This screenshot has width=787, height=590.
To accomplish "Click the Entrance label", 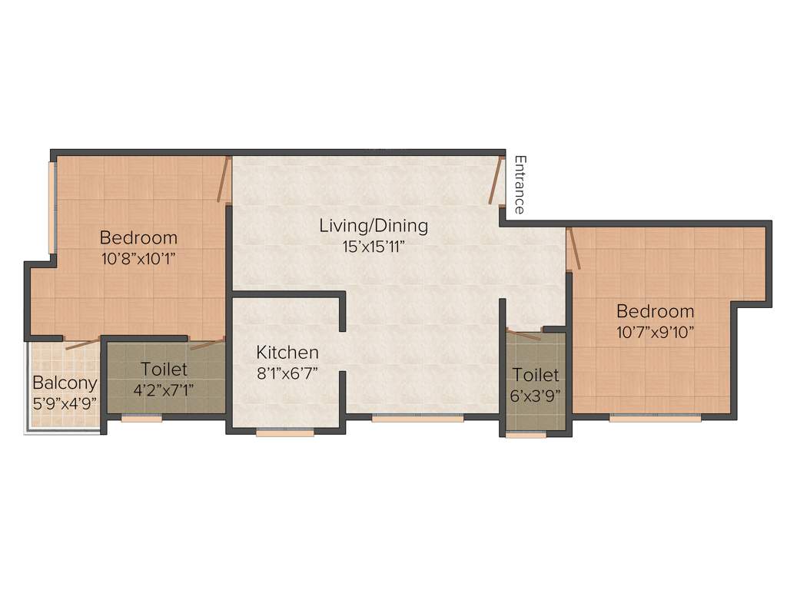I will point(520,185).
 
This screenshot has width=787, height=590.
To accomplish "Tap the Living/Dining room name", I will point(374,226).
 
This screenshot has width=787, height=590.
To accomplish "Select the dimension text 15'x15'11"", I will point(374,247).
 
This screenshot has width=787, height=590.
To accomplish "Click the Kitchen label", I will point(287,353).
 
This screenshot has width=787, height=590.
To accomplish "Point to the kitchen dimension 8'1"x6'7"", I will point(287,373).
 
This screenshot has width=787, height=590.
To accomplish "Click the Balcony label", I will point(65,383).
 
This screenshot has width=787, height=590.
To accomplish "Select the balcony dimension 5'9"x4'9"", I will point(65,403).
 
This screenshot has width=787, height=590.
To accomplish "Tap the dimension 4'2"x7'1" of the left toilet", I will point(164,389).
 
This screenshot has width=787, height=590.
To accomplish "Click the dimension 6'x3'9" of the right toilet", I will point(536,396).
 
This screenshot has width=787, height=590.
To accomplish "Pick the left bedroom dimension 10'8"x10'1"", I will point(138,258).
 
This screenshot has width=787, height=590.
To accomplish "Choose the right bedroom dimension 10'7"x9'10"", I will point(655,332).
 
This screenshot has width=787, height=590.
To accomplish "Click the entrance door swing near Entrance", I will point(495,181).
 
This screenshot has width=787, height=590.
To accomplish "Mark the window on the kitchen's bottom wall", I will point(285,433).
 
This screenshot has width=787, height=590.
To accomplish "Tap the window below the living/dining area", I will point(417,419).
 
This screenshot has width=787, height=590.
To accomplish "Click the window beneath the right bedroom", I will point(655,419).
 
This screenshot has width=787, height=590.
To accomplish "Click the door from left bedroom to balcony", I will point(82,343).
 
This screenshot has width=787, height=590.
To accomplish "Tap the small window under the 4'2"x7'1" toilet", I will point(141,419).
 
